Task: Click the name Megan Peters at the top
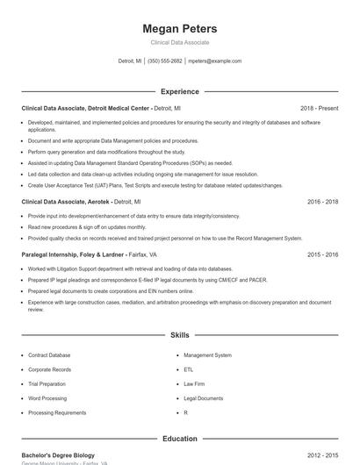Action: (179, 28)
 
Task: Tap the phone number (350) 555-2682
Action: (165, 61)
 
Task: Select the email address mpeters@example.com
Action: (214, 61)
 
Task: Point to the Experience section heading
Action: (179, 91)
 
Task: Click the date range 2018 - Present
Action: (319, 108)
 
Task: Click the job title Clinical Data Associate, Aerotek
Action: (66, 202)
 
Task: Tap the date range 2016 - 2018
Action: (322, 202)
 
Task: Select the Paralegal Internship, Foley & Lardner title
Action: (75, 254)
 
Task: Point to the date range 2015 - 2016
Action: (322, 254)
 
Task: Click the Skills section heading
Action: (179, 335)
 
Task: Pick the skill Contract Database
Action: (49, 355)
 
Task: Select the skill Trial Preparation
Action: (47, 384)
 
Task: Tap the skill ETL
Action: (188, 370)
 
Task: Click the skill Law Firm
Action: (193, 384)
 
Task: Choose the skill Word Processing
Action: (47, 398)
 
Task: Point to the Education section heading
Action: (179, 439)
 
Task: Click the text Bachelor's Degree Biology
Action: (58, 456)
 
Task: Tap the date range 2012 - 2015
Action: (322, 456)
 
